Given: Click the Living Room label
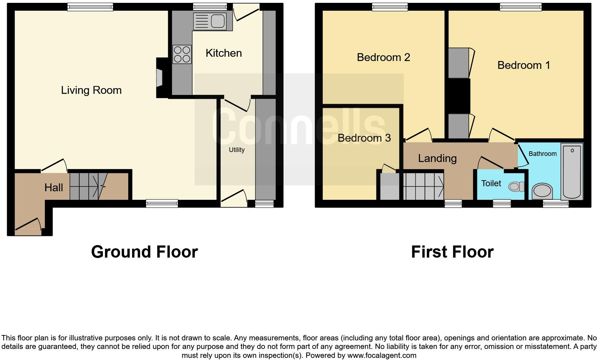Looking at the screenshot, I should pos(91,90).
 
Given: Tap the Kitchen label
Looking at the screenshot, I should pos(224,53).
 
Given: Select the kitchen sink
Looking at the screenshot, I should pos(210,21).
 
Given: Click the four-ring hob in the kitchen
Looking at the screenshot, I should pos(182,54).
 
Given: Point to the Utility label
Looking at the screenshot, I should pos(236,150).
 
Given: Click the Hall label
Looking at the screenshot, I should pos(54,187).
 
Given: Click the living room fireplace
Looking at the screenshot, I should pos(159,78).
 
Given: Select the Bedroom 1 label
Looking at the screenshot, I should pos(523,65).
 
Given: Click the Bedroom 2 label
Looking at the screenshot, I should pos(383,57).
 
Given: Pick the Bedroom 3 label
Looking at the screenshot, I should pos(364,138).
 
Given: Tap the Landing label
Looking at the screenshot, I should pos(437,158).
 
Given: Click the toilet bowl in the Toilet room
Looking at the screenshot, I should pos(516,186).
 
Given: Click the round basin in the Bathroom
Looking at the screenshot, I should pos(542,191).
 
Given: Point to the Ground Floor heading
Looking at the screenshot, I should pos(144,252).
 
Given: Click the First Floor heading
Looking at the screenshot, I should pos(452,252).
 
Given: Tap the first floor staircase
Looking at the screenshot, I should pos(423,186).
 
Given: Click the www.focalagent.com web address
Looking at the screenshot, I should pos(382,355).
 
